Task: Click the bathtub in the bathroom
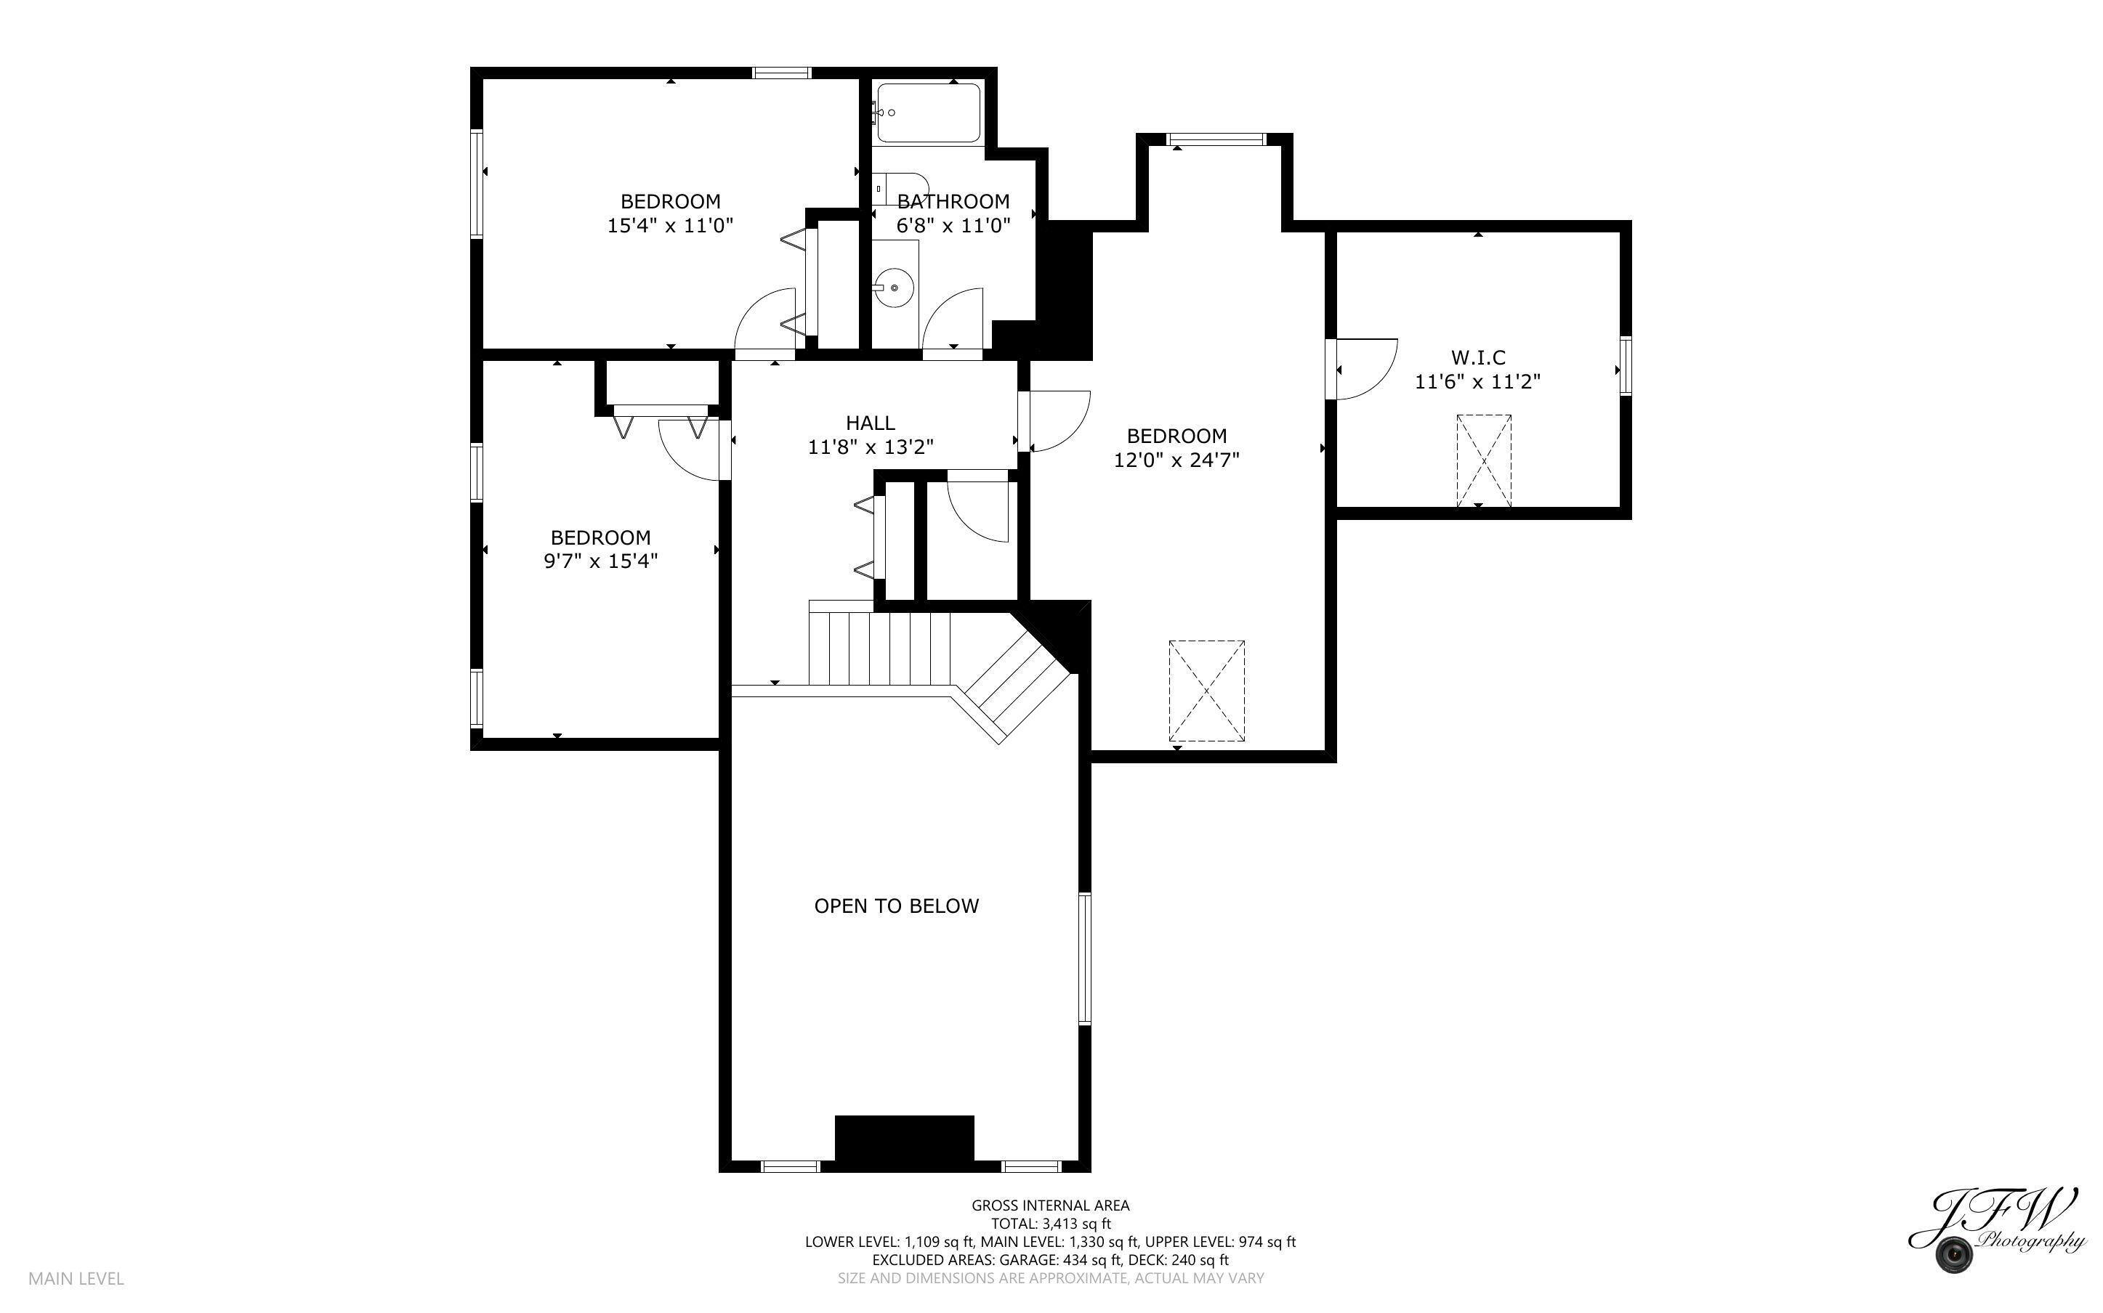(928, 112)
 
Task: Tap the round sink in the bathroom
(894, 287)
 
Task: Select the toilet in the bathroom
(899, 187)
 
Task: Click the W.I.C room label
(1477, 357)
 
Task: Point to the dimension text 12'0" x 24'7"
(1176, 460)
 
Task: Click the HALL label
(871, 423)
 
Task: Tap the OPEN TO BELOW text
(897, 906)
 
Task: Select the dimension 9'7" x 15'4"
(600, 561)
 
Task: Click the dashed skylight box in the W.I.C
(1483, 460)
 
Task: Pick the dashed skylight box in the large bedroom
(1206, 691)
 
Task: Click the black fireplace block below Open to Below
(903, 1137)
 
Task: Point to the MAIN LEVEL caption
(76, 1278)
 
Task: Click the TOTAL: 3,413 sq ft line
(1050, 1224)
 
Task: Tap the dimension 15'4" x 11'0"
(670, 226)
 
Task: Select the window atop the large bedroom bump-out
(1215, 139)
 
